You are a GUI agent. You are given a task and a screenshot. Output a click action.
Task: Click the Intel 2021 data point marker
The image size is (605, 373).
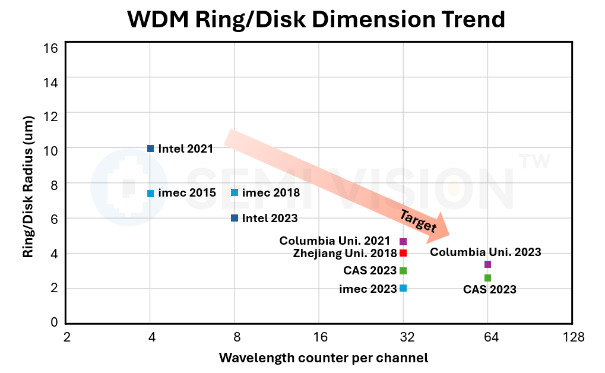(150, 148)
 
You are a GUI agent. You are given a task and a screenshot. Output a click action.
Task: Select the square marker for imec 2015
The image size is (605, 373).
(150, 193)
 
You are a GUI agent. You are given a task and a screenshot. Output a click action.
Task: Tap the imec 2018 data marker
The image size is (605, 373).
(235, 192)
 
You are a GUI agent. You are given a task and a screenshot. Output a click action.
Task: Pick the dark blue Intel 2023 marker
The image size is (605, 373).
(235, 218)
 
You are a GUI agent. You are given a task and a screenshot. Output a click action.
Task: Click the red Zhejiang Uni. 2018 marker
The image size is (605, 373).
(403, 253)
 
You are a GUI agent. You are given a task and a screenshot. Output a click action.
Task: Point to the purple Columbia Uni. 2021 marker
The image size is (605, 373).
(403, 241)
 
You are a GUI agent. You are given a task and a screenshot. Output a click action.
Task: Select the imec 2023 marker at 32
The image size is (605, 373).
(403, 288)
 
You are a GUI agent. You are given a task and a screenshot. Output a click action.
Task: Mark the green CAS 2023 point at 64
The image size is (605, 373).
(487, 278)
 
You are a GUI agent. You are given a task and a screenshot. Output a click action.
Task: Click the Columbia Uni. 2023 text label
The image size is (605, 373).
(485, 252)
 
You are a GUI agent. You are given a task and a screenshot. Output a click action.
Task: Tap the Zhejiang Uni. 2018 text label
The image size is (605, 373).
(344, 254)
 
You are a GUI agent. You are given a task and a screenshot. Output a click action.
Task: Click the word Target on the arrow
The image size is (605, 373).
(417, 221)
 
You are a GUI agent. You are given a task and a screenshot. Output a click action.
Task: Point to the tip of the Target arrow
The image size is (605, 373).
(449, 236)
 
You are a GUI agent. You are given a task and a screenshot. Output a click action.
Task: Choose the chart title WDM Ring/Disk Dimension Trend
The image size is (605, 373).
(316, 20)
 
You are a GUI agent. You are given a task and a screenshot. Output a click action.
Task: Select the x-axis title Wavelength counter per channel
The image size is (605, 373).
(323, 358)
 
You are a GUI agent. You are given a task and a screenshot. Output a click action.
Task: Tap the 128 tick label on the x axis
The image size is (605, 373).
(574, 338)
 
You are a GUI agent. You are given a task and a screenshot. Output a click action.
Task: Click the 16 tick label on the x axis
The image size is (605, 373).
(319, 338)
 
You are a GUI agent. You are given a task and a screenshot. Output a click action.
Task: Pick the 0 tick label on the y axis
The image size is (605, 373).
(54, 323)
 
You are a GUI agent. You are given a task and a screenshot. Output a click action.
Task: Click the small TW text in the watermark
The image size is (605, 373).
(534, 161)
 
